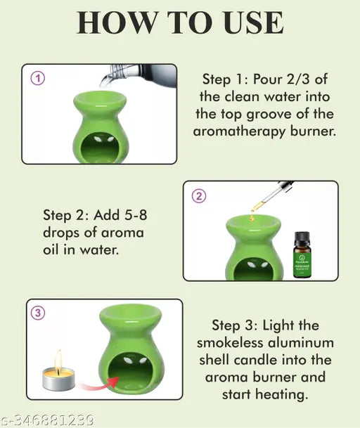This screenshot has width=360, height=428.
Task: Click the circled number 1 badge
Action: [37, 78]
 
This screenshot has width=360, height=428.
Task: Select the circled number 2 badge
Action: [198, 196]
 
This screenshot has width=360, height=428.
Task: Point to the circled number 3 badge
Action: [38, 313]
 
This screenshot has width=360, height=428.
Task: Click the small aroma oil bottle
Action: [302, 254]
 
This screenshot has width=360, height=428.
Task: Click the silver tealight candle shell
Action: [58, 380]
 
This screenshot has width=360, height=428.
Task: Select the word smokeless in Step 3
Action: [230, 342]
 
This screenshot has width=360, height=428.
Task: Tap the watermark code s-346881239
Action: [47, 420]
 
